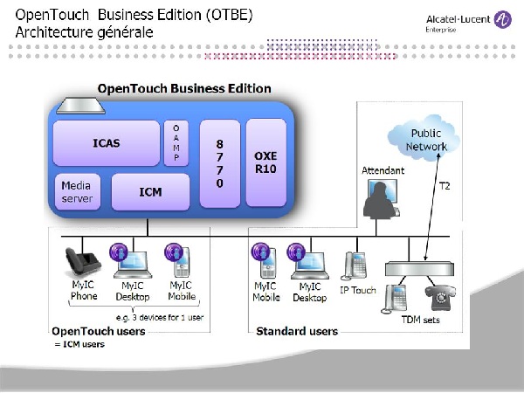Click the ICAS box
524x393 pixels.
106,142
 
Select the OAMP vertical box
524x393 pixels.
176,142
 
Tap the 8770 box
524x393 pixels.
219,164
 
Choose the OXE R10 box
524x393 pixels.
265,162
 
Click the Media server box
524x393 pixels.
77,192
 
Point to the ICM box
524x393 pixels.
150,191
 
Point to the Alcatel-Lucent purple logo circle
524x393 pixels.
503,18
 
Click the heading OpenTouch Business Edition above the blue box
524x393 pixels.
184,89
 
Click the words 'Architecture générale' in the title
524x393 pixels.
84,32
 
